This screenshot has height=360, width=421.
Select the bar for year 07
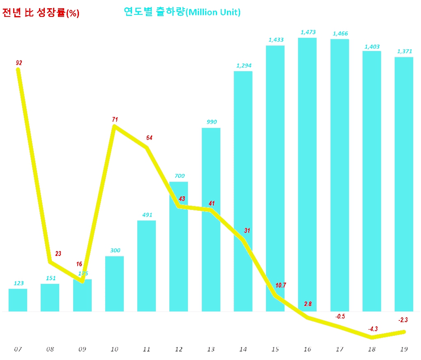[18, 300]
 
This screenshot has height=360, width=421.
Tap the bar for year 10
[115, 284]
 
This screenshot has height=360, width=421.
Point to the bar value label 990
[212, 122]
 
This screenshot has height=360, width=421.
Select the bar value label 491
[147, 214]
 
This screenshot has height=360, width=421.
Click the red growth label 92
[19, 63]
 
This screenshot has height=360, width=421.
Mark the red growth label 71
[115, 119]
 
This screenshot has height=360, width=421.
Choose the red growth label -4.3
[372, 328]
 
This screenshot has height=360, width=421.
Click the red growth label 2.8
[308, 304]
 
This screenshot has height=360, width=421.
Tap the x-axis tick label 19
[404, 349]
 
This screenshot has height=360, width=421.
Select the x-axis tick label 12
[179, 349]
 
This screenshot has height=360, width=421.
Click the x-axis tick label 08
[50, 349]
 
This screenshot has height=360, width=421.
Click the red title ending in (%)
[40, 13]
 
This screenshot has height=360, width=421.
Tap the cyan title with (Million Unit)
[182, 12]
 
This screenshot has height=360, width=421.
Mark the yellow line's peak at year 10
[115, 126]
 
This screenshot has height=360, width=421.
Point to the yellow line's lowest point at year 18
[372, 337]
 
